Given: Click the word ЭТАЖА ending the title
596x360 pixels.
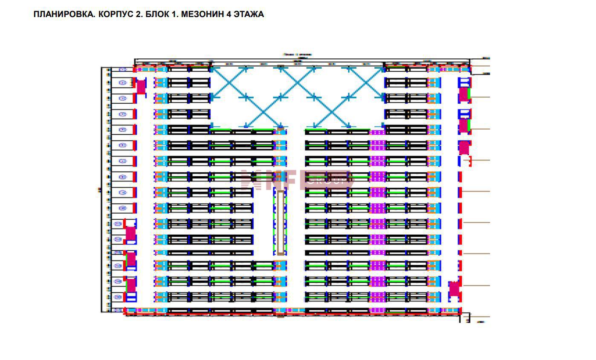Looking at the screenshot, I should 249,15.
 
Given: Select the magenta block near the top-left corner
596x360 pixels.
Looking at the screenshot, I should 141,87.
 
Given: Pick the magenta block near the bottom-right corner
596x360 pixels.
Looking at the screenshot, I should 454,289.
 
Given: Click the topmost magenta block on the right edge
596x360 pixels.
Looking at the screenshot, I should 464,94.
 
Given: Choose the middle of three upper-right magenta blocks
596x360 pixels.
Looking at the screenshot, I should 464,126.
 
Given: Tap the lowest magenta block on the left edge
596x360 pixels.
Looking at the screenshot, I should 131,285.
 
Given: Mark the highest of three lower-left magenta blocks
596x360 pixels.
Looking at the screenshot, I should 130,233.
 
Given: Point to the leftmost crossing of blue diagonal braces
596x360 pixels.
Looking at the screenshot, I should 229,83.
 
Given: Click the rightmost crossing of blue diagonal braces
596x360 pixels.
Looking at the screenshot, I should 366,83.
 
